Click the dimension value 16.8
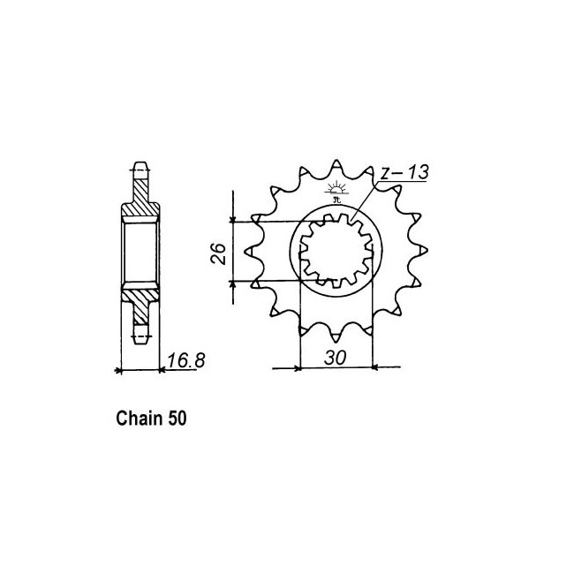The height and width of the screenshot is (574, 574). pos(186,360)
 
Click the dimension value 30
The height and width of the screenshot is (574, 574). pos(335,358)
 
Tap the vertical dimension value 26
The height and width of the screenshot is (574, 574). pos(218,253)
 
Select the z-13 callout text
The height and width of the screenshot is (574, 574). pos(404,172)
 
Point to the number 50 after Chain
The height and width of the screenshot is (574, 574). pos(177,419)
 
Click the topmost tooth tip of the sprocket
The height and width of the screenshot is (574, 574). pos(336,161)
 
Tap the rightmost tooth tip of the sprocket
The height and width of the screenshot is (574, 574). pos(427,250)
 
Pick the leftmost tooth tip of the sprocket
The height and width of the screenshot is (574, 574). pos(245,251)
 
